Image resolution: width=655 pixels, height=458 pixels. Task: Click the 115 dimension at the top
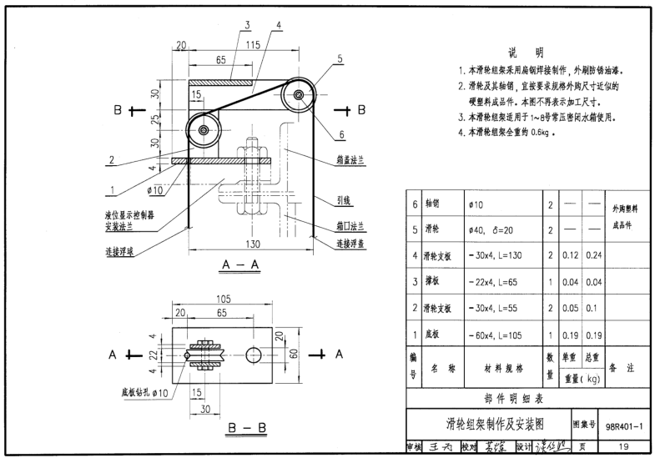pos(254,43)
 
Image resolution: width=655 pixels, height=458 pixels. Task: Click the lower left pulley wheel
pos(204,131)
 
